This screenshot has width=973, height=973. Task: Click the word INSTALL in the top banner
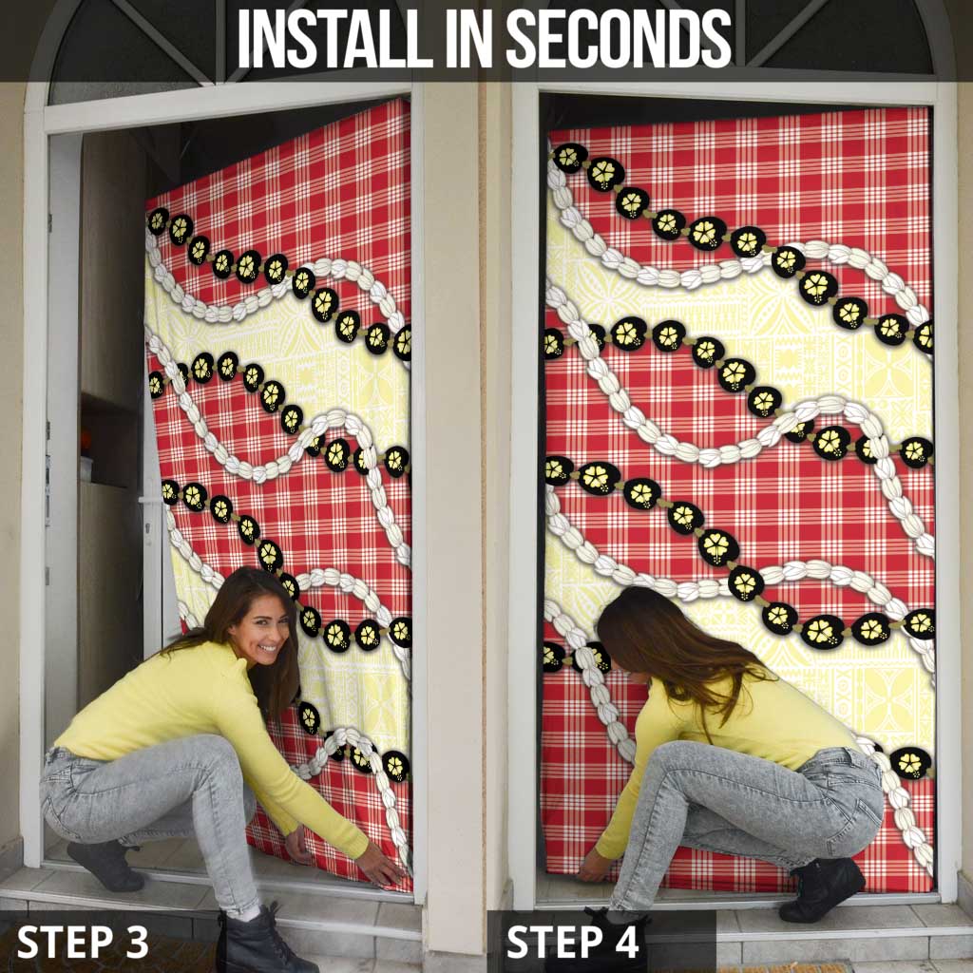pyautogui.click(x=335, y=39)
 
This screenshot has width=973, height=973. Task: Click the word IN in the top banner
pyautogui.click(x=469, y=39)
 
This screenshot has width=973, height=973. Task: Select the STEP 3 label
pyautogui.click(x=83, y=942)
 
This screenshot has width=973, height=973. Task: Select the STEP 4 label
pyautogui.click(x=572, y=942)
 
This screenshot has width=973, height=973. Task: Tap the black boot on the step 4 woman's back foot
pyautogui.click(x=822, y=888)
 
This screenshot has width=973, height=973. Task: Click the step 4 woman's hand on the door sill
pyautogui.click(x=593, y=867)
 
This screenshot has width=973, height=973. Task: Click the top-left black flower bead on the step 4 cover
pyautogui.click(x=570, y=158)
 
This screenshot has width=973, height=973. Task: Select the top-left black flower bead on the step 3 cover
pyautogui.click(x=159, y=220)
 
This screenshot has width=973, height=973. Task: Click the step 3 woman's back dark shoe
pyautogui.click(x=105, y=865)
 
